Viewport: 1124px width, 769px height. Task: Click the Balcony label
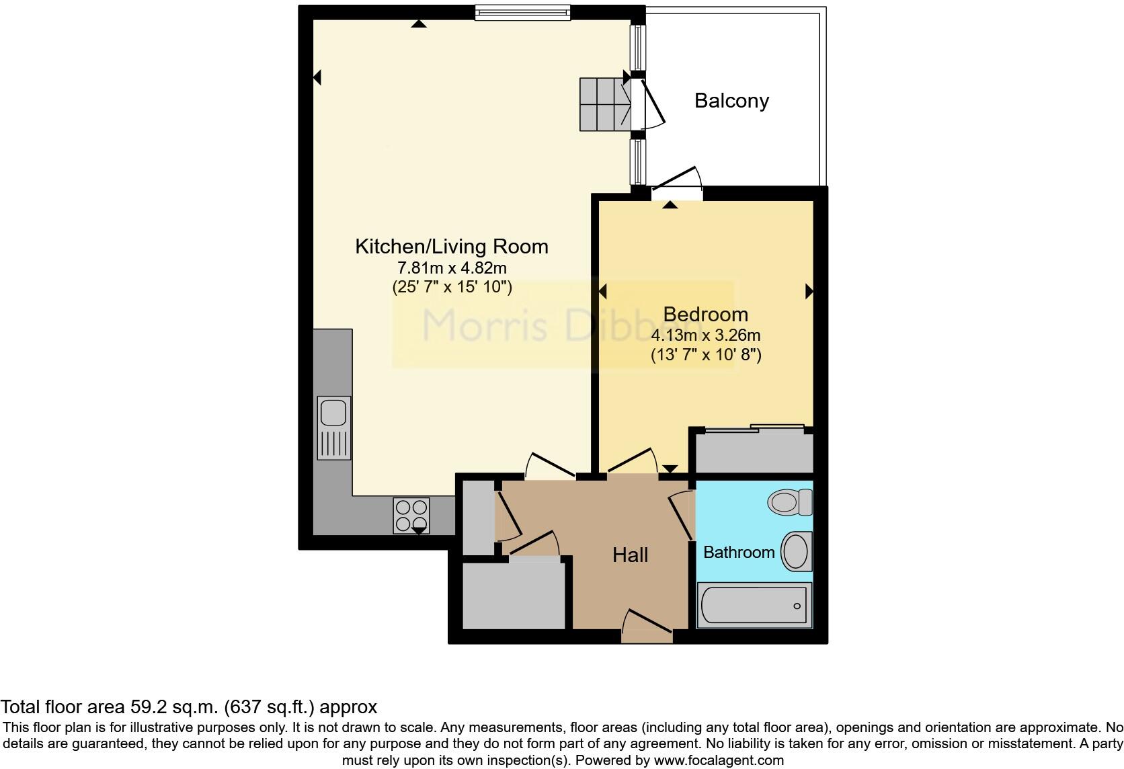731,101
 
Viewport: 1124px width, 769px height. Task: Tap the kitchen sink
333,426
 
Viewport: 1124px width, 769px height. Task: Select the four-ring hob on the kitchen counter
411,515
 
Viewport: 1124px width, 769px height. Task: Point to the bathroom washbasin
797,551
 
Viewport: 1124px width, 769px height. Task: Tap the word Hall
630,555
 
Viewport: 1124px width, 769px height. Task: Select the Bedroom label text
705,314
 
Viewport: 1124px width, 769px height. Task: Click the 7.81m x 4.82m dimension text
452,268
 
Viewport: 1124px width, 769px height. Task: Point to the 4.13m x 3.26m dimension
705,335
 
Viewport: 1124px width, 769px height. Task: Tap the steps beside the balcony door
604,104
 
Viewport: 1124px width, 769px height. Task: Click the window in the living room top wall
522,12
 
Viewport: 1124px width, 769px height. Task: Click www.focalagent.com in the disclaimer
719,761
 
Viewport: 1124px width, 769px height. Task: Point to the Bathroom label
739,553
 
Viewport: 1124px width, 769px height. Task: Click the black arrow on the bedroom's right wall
809,291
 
